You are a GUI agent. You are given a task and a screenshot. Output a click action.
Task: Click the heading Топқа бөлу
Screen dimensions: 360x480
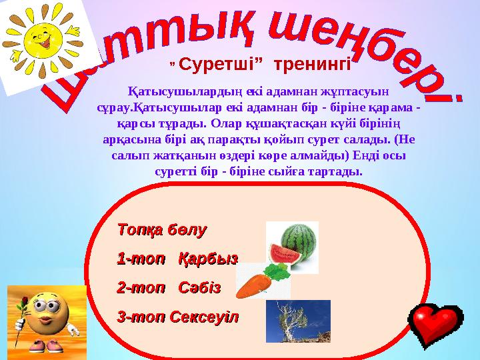[x=162, y=230]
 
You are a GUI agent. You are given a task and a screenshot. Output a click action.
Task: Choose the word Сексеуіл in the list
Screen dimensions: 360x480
[x=204, y=317]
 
